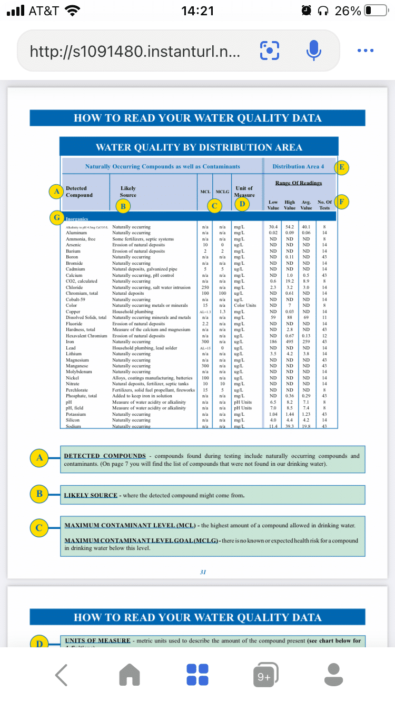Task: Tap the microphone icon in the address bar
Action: click(313, 51)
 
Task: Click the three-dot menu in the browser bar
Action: click(364, 51)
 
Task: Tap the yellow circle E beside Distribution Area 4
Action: click(342, 167)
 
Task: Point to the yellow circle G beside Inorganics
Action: click(56, 218)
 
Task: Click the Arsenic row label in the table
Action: click(73, 245)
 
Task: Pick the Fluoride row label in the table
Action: click(74, 324)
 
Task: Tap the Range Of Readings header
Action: click(298, 183)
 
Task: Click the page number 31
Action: click(203, 572)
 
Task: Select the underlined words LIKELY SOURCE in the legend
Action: click(91, 495)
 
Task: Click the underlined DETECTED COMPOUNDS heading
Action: click(104, 456)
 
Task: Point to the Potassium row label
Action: click(76, 414)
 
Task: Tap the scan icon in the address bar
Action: click(269, 51)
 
